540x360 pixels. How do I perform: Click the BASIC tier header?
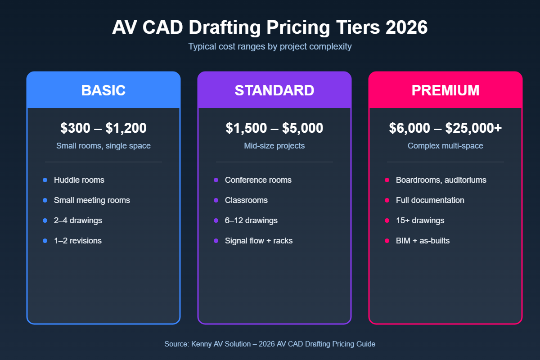[103, 90]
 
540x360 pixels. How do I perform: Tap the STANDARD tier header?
[274, 90]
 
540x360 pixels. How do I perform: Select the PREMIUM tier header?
[445, 90]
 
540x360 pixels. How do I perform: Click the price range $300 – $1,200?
[103, 128]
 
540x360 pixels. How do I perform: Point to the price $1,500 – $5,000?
[274, 128]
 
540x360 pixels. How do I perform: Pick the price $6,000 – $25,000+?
[445, 128]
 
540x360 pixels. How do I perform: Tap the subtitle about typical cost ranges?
[270, 46]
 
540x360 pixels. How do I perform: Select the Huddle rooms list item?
[79, 180]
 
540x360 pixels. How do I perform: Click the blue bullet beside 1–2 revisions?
[45, 241]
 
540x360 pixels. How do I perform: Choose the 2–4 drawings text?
[78, 220]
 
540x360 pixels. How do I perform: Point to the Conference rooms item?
[258, 180]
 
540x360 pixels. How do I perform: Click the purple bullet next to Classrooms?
[216, 200]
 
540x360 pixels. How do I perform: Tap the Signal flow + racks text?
[259, 241]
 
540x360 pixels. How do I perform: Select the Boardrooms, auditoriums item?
[441, 180]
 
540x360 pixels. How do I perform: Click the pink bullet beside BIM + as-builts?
[387, 241]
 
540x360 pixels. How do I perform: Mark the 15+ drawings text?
[420, 220]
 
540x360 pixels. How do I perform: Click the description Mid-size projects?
[274, 146]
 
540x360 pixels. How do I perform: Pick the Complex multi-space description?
[445, 146]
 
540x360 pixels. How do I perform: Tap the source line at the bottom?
[270, 344]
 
